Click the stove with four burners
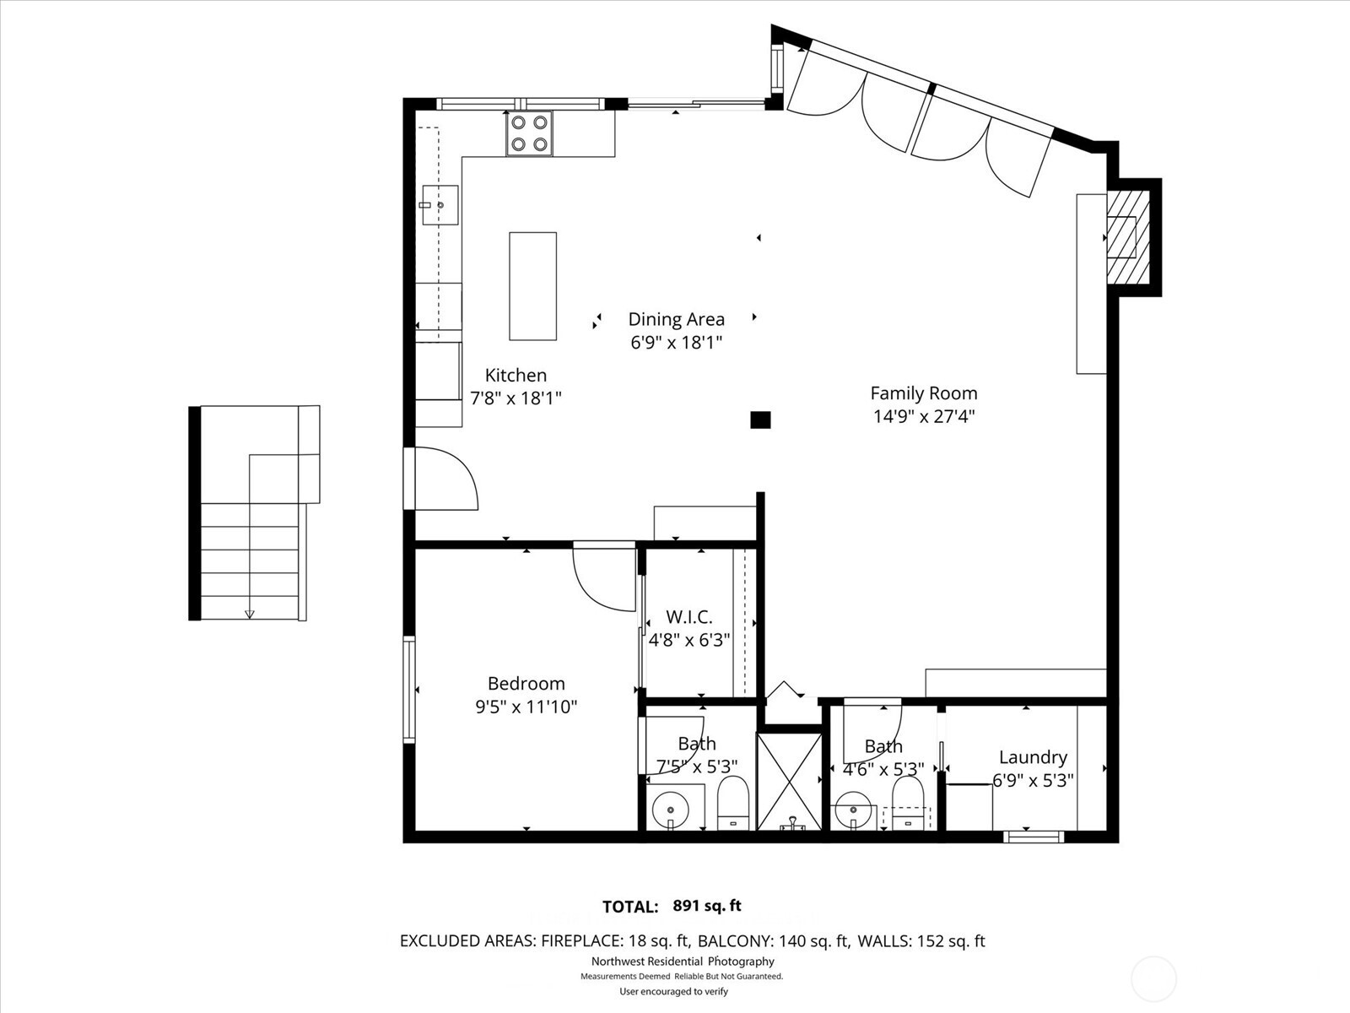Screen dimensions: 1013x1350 pos(529,133)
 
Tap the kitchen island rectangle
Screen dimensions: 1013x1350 pos(532,286)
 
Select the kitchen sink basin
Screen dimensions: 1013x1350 pos(440,205)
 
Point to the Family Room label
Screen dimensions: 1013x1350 pos(923,393)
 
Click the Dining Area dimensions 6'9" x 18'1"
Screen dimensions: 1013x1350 pos(676,343)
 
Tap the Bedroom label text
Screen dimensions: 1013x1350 pos(526,684)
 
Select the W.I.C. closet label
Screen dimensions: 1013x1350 pos(688,617)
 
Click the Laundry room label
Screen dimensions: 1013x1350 pos(1033,757)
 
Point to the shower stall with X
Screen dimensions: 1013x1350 pos(789,782)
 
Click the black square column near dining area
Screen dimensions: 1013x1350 pos(760,420)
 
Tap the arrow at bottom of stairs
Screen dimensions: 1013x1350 pos(249,615)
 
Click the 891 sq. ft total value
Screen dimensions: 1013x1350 pos(707,906)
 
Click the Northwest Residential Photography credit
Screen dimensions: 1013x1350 pos(682,962)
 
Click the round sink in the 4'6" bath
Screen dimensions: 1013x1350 pos(854,811)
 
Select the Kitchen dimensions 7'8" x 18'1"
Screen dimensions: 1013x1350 pos(516,398)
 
